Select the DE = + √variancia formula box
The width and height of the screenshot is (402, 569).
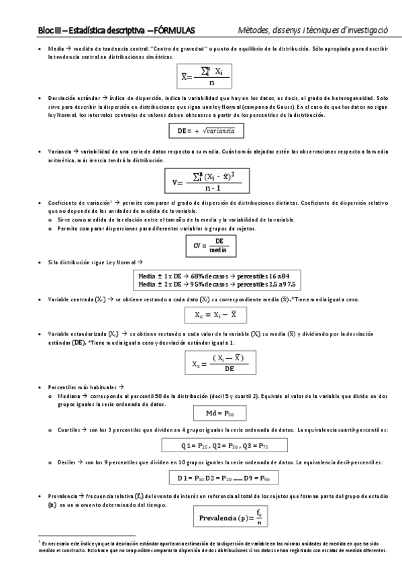[206, 130]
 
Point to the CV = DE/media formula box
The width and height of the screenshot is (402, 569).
[211, 246]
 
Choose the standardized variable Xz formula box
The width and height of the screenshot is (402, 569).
[211, 363]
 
